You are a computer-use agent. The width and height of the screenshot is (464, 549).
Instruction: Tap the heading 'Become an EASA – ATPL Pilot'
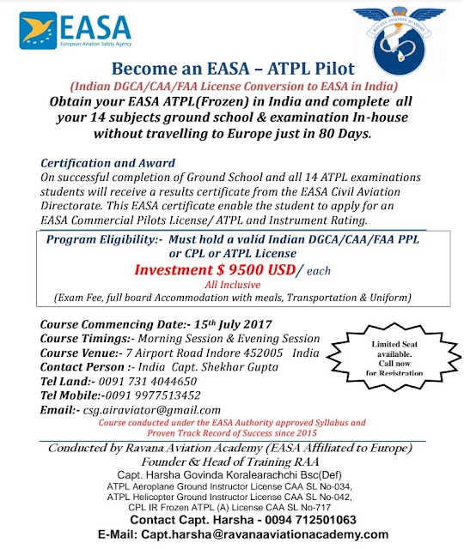[x=231, y=69]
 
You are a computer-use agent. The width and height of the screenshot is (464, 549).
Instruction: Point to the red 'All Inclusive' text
[x=231, y=285]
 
